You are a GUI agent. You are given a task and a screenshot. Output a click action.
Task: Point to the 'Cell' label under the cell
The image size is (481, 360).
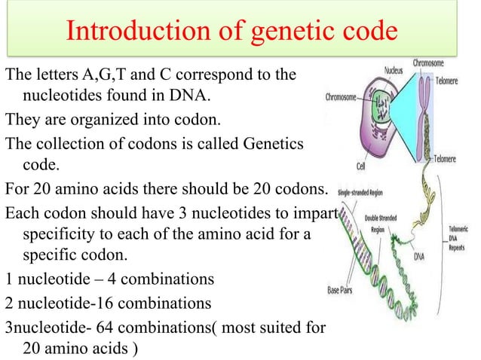[350, 165]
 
